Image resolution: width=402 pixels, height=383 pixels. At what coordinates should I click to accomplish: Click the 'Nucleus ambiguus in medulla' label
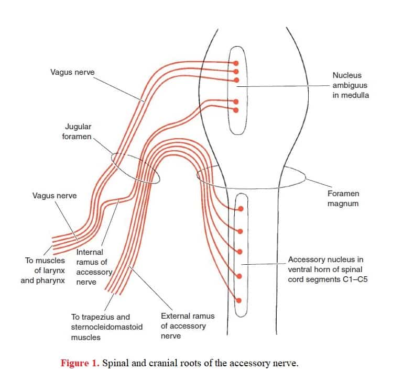351,85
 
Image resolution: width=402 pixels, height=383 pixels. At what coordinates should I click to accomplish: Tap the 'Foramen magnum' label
343,198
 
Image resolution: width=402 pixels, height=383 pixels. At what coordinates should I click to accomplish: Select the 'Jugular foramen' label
77,131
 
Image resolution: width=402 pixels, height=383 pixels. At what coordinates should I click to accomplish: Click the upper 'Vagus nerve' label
72,72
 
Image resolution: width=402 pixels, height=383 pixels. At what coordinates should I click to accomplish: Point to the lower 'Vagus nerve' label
55,196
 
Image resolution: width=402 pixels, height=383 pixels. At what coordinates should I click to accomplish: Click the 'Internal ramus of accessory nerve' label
94,267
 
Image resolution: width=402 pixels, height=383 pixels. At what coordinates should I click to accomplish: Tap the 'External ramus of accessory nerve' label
188,326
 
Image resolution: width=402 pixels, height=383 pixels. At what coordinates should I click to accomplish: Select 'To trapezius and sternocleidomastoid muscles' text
106,327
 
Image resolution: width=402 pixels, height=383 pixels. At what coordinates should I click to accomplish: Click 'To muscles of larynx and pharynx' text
43,271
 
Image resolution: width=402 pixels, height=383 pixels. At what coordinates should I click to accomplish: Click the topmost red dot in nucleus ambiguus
236,63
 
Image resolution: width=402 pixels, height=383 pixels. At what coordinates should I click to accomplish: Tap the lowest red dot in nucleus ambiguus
236,110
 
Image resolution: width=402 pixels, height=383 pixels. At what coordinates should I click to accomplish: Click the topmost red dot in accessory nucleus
241,209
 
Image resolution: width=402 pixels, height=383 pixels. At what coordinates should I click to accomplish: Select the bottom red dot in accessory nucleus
238,300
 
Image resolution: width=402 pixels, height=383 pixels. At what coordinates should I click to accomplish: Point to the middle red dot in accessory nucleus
240,252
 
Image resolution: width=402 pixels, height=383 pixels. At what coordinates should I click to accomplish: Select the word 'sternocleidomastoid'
106,327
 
